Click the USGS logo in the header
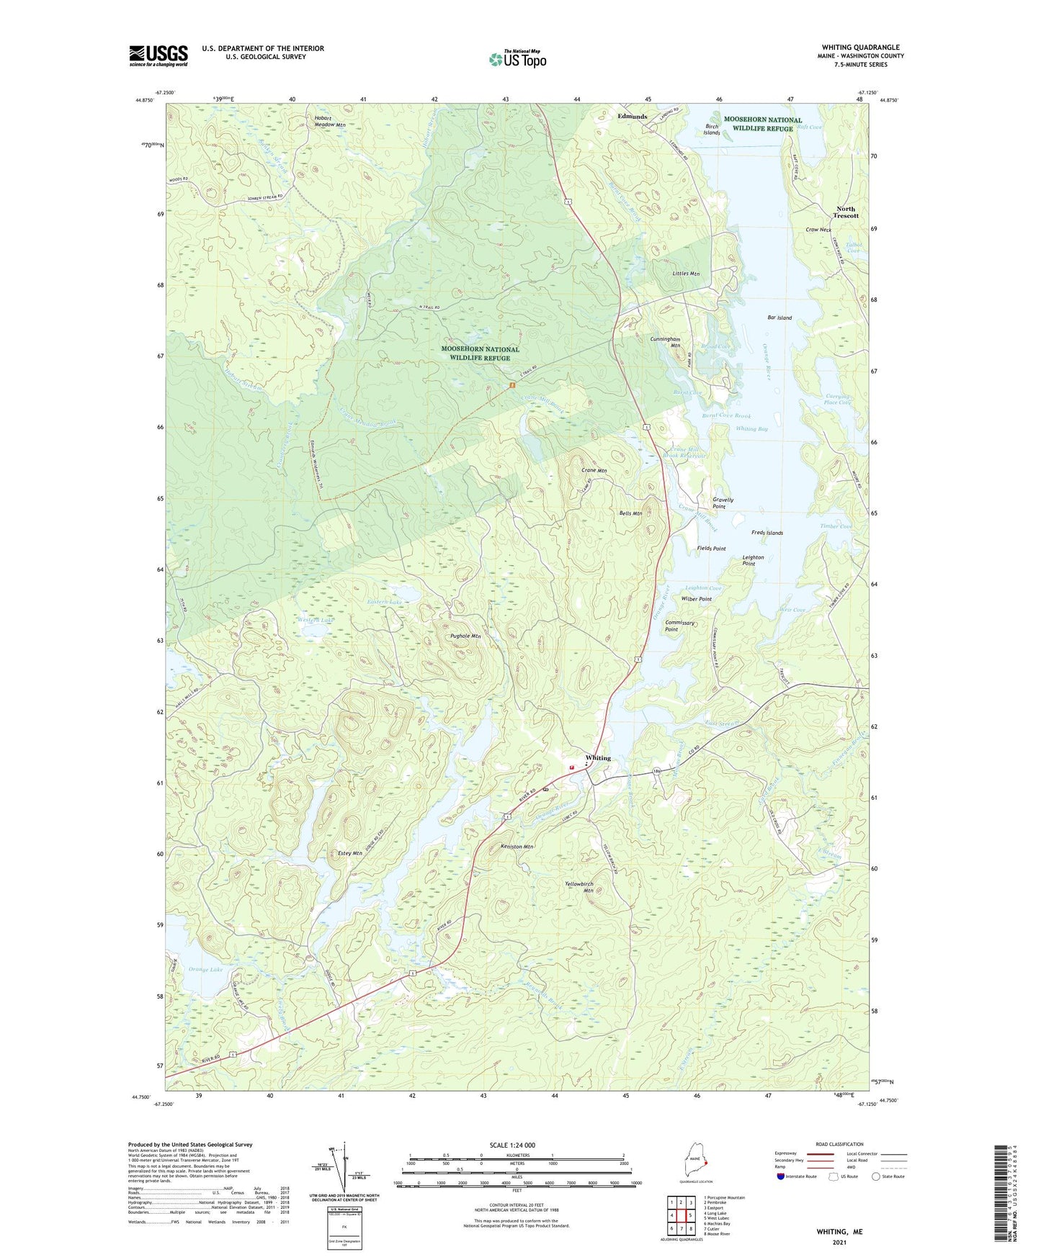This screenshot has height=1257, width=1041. click(158, 55)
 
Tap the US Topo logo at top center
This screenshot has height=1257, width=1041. click(517, 59)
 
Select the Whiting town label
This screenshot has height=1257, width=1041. click(598, 758)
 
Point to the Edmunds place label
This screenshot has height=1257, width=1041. click(632, 116)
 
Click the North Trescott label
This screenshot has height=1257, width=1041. click(846, 212)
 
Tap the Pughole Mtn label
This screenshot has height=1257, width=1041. click(465, 636)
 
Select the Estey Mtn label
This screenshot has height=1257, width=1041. click(349, 853)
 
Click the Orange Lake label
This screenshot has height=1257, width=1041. click(205, 970)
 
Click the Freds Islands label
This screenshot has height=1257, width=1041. click(767, 533)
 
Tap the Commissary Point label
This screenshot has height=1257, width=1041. click(679, 626)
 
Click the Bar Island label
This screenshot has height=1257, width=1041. click(779, 317)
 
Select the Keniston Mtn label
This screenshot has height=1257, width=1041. click(517, 847)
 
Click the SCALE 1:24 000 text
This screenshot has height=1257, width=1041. click(512, 1145)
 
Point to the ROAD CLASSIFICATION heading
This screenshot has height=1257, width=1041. click(839, 1144)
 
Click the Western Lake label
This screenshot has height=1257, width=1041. click(316, 620)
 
